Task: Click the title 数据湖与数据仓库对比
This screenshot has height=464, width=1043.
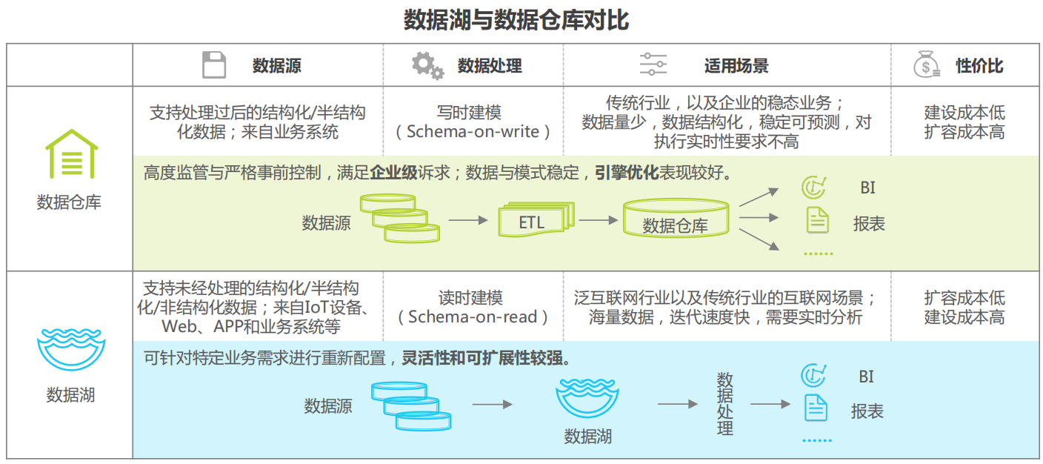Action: coord(516,20)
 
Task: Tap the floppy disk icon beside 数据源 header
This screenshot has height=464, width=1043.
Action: coord(214,65)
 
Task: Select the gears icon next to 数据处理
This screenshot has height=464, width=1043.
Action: coord(427,65)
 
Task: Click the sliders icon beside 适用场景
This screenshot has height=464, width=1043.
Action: coord(653,65)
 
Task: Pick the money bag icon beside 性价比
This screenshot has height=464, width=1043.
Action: coord(926,65)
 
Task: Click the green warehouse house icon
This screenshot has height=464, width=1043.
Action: coord(71,155)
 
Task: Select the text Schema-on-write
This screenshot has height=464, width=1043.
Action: coord(473,132)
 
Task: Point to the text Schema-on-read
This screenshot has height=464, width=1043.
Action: coord(472,317)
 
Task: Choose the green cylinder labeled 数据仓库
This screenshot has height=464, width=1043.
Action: coord(675,219)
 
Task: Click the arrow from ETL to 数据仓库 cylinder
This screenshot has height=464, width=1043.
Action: coord(598,220)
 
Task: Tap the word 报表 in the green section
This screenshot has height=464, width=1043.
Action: coord(869,224)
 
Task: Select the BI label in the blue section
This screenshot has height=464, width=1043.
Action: coord(866,377)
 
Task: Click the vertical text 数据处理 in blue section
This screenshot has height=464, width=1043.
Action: coord(724,404)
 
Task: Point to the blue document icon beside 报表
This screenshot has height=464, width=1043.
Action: coord(816,407)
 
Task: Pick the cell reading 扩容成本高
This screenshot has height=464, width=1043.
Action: coord(964,132)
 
